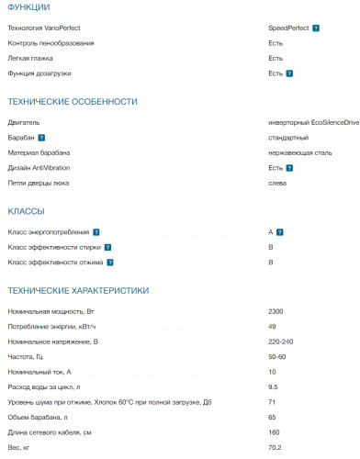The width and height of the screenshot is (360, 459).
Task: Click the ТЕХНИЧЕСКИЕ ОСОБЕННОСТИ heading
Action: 72,101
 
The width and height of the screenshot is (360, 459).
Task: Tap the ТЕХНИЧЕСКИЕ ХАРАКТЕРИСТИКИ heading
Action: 77,290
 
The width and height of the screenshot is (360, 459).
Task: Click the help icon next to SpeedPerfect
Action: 316,28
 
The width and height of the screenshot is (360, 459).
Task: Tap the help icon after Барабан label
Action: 41,138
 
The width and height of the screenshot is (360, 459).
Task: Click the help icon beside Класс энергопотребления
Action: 96,232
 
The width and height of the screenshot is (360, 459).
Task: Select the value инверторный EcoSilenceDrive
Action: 313,122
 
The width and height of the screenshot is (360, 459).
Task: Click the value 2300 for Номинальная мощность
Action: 276,311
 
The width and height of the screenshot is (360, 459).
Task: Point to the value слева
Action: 276,183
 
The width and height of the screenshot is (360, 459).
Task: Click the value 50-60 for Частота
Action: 276,355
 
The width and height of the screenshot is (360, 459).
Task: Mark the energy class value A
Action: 271,232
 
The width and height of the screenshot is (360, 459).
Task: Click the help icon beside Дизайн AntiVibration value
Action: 288,168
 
